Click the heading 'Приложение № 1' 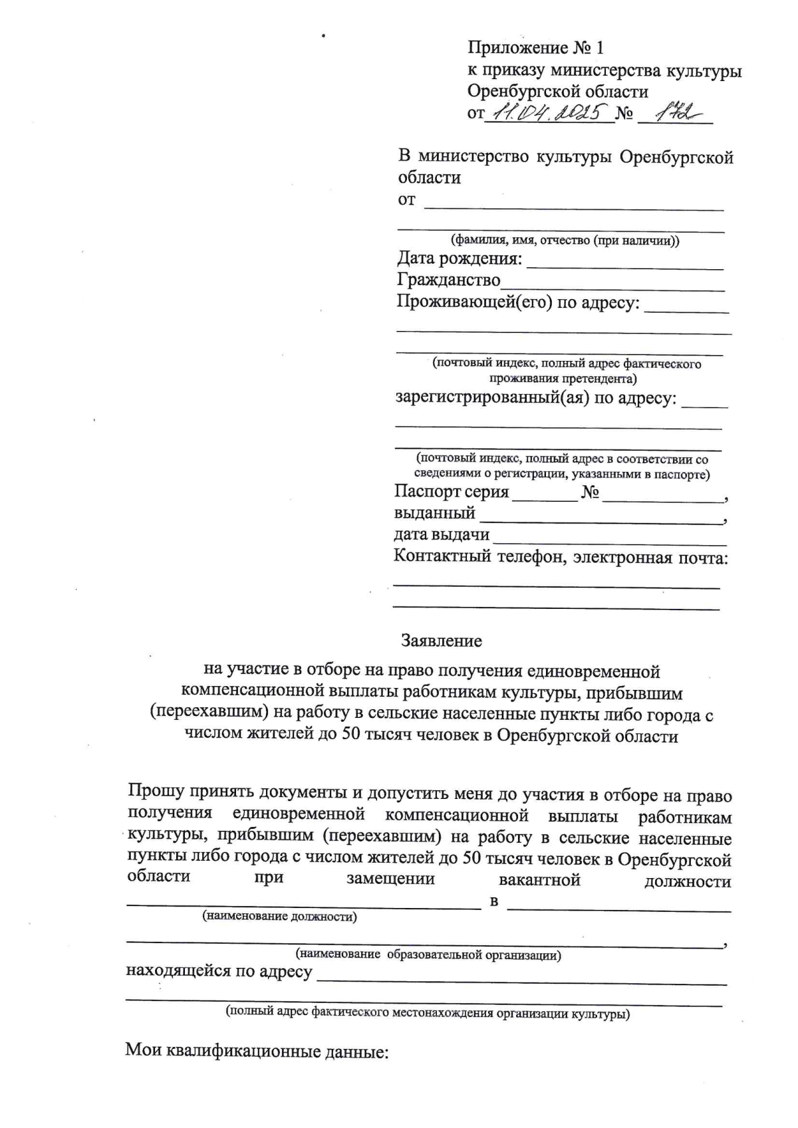coord(535,48)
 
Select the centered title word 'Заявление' coord(441,641)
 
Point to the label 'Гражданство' coord(449,280)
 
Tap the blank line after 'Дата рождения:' coord(624,266)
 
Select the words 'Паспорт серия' coord(452,492)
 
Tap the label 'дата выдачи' coord(442,534)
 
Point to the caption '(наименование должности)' coord(279,917)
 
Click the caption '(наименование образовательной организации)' coord(429,956)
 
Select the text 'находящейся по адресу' coord(219,972)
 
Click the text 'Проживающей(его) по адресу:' coord(519,302)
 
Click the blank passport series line coord(545,499)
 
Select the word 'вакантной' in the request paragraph coord(539,881)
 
